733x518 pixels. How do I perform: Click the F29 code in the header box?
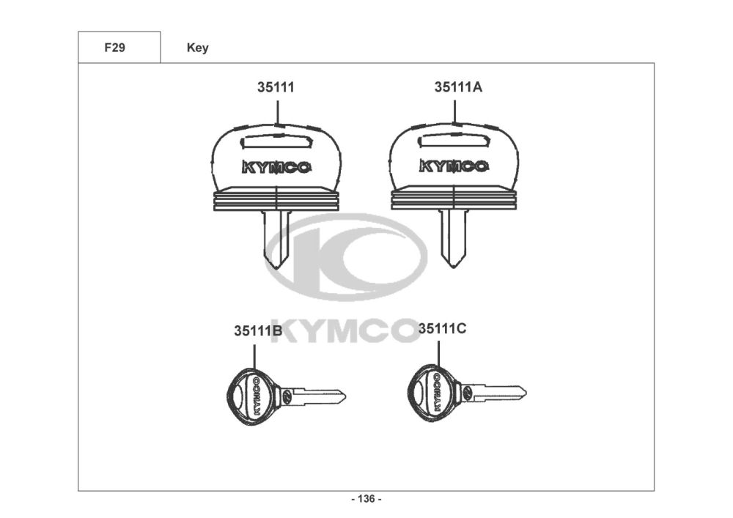tap(114, 48)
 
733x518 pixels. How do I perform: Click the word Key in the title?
tap(198, 48)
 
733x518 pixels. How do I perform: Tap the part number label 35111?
tap(276, 87)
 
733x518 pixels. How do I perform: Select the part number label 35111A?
tap(458, 87)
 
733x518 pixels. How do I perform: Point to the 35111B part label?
tap(258, 330)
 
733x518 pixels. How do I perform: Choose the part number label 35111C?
tap(442, 329)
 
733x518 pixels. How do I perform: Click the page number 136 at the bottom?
tap(366, 499)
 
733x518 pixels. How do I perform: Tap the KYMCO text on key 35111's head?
tap(276, 167)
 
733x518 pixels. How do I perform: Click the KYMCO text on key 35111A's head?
tap(454, 166)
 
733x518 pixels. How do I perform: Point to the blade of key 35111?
tap(276, 239)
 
